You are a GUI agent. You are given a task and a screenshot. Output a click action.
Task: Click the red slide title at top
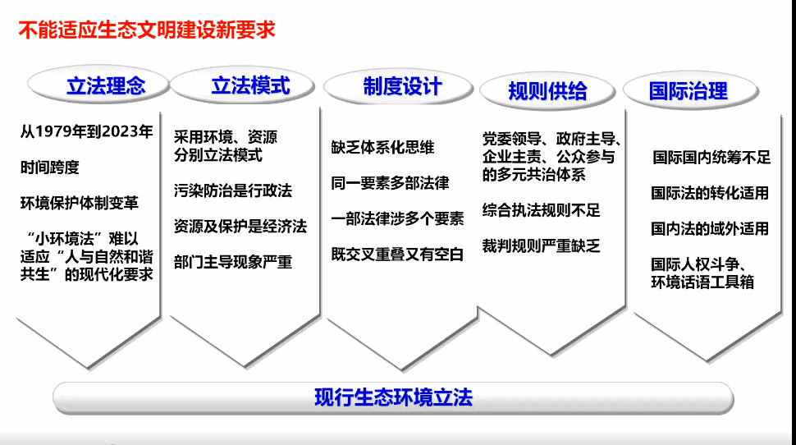click(147, 30)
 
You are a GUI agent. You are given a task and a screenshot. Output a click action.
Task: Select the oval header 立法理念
click(98, 85)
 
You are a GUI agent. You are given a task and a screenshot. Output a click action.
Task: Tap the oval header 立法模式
click(242, 85)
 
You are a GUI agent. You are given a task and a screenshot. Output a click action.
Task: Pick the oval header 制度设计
click(399, 87)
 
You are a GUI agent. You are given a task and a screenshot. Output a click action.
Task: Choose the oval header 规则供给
click(547, 91)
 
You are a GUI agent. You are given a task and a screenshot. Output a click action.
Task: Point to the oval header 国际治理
click(691, 91)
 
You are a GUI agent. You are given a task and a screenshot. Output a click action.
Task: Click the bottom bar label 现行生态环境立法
click(393, 397)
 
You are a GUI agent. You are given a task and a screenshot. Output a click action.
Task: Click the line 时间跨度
click(50, 167)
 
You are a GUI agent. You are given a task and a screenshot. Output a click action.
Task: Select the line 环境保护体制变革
click(80, 203)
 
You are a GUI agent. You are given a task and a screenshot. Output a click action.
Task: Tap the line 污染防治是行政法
click(233, 190)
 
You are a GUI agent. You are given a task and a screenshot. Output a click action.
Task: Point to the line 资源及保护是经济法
click(240, 226)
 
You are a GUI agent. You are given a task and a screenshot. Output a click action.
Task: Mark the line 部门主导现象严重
click(233, 262)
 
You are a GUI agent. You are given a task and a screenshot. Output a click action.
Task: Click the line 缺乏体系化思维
click(382, 147)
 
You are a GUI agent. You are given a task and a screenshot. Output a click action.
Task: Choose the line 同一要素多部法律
click(390, 183)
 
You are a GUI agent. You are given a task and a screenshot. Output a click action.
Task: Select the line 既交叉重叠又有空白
click(397, 254)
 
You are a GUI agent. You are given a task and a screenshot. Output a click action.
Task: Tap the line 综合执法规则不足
click(541, 210)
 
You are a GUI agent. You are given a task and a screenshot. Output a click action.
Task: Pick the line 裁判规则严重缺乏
click(541, 245)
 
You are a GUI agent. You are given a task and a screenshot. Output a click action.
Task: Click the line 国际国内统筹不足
click(711, 158)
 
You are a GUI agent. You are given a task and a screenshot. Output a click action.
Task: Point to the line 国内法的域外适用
click(710, 228)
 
